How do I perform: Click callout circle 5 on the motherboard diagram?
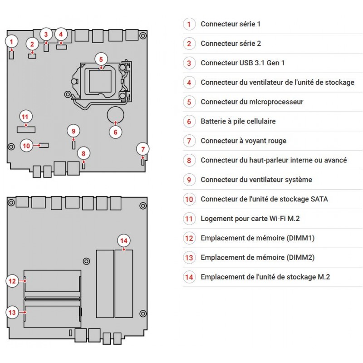click(x=101, y=59)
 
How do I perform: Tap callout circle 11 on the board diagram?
click(x=25, y=116)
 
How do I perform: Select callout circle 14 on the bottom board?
click(x=123, y=240)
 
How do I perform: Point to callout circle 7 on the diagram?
click(x=142, y=149)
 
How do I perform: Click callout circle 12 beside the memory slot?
click(x=13, y=281)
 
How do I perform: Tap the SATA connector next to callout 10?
click(x=44, y=146)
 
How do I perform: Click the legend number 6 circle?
click(x=189, y=121)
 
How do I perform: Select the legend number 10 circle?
click(x=189, y=199)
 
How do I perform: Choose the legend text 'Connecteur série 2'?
click(x=231, y=44)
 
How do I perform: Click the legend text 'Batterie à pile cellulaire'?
click(x=238, y=121)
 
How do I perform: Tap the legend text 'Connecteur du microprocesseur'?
click(x=252, y=102)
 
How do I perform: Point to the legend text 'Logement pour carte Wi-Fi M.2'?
click(x=250, y=219)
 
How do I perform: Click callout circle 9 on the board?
click(x=74, y=131)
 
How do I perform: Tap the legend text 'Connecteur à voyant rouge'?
click(x=243, y=141)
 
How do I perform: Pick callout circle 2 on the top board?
click(x=32, y=44)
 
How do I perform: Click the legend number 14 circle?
click(x=189, y=277)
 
